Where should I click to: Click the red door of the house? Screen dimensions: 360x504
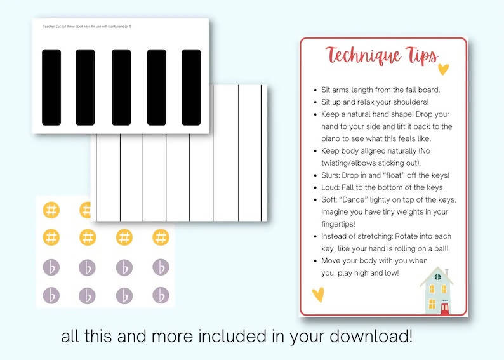(x=445, y=309)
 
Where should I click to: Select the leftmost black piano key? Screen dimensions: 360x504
(x=51, y=87)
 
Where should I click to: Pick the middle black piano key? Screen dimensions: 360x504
(x=121, y=87)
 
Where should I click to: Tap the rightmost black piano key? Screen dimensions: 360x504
(x=191, y=87)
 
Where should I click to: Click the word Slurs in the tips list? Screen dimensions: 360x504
(x=334, y=175)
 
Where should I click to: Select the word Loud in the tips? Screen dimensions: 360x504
(x=334, y=187)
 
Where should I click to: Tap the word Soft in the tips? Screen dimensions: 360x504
(x=333, y=199)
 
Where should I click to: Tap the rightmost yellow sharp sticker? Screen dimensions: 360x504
(x=161, y=237)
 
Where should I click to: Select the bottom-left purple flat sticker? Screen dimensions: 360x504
(x=51, y=295)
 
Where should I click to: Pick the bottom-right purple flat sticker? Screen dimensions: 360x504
(x=161, y=295)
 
